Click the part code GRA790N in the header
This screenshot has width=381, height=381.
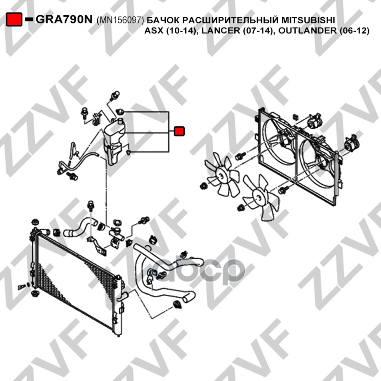(x=64, y=20)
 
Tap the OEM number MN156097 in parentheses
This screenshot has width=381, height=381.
(x=120, y=20)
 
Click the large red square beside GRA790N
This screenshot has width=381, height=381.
(x=14, y=20)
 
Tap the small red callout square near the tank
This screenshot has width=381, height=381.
(x=179, y=131)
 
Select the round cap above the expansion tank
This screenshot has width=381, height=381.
(x=120, y=112)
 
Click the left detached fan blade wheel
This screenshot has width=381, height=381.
(x=221, y=175)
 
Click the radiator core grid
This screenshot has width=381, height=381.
(x=75, y=280)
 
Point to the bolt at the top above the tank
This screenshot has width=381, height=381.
(x=114, y=96)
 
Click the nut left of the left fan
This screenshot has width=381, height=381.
(x=203, y=186)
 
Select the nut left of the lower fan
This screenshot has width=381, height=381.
(x=241, y=208)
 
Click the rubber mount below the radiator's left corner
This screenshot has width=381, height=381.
(x=35, y=293)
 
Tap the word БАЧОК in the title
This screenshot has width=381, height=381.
(x=162, y=20)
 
